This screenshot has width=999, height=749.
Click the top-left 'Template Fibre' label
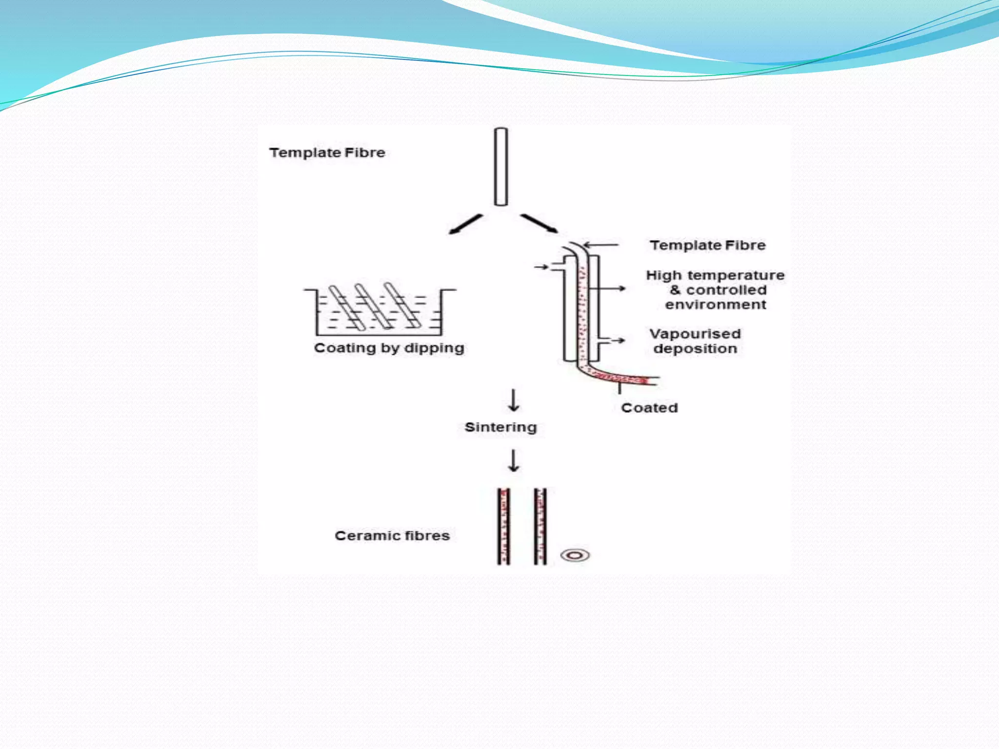tap(327, 153)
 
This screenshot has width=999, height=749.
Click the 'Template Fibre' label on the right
tap(707, 245)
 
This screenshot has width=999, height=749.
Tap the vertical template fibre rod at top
tap(501, 167)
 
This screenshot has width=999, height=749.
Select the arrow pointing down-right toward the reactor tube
tap(539, 223)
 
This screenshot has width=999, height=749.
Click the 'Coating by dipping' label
tap(389, 348)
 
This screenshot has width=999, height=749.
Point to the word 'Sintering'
tap(500, 427)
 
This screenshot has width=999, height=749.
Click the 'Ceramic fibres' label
tap(392, 535)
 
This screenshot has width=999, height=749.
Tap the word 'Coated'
tap(649, 408)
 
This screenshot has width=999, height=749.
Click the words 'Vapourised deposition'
tap(695, 341)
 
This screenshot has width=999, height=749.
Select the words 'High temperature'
tap(715, 276)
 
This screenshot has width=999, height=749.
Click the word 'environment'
tap(716, 305)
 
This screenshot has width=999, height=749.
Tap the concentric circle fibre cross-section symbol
tap(575, 555)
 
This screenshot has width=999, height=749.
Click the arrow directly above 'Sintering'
tap(514, 400)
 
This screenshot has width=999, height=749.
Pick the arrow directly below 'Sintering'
tap(514, 460)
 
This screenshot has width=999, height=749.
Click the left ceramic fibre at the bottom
tap(504, 527)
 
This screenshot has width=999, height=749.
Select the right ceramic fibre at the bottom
tap(540, 527)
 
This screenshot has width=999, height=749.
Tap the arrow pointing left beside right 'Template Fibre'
tap(601, 245)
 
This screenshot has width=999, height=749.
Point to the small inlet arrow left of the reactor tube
tap(541, 267)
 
